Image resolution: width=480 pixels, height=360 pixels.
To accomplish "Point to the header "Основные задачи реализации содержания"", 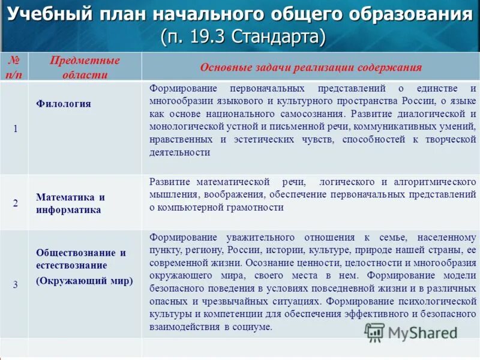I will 310,67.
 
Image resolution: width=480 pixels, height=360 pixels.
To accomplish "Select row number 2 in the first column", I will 15,203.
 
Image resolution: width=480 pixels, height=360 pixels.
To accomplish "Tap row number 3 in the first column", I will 15,285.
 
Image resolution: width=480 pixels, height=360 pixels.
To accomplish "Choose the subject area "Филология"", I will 64,104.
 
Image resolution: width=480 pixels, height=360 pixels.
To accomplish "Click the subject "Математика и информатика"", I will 70,203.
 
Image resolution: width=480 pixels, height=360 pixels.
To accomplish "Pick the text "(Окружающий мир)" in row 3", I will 85,280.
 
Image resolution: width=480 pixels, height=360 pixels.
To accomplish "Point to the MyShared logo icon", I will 375,332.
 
